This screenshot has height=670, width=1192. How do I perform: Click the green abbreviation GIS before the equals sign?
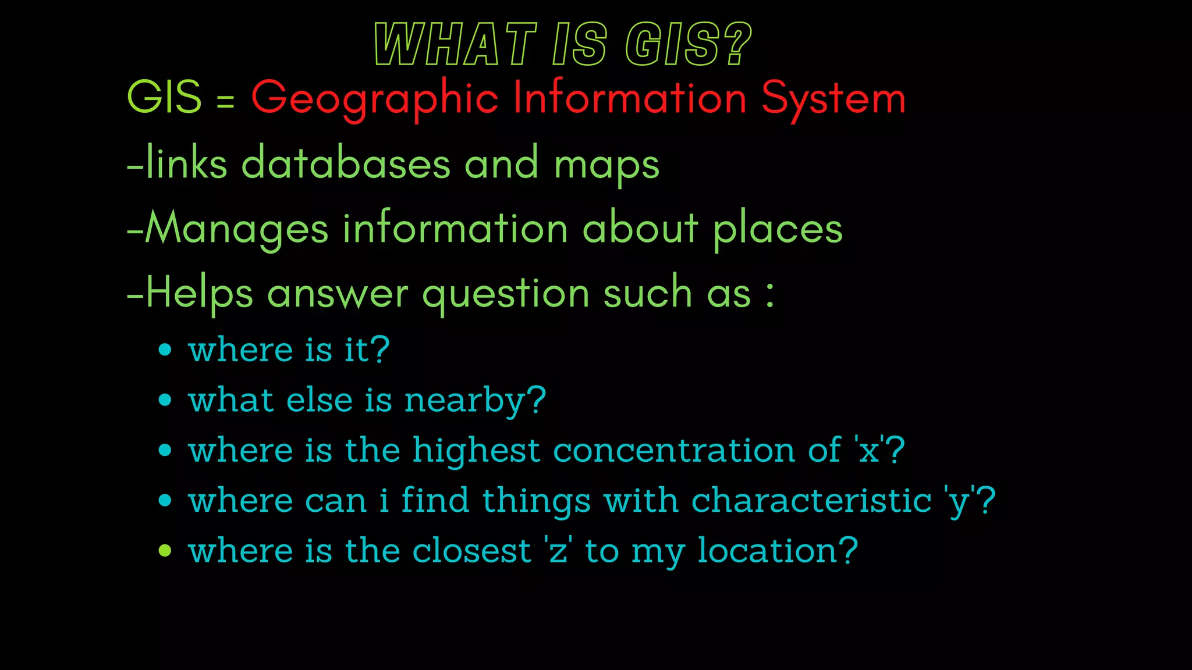(164, 97)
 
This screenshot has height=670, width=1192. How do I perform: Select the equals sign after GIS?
(226, 102)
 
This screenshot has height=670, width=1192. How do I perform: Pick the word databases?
(346, 163)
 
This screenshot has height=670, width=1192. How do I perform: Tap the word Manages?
(237, 229)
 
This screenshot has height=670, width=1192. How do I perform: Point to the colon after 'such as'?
(770, 294)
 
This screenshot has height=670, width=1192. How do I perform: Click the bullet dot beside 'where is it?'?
(165, 350)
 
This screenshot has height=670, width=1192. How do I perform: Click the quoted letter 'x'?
(870, 450)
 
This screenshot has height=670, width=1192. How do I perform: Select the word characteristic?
(811, 501)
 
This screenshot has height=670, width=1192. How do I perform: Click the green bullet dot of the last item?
(165, 550)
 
